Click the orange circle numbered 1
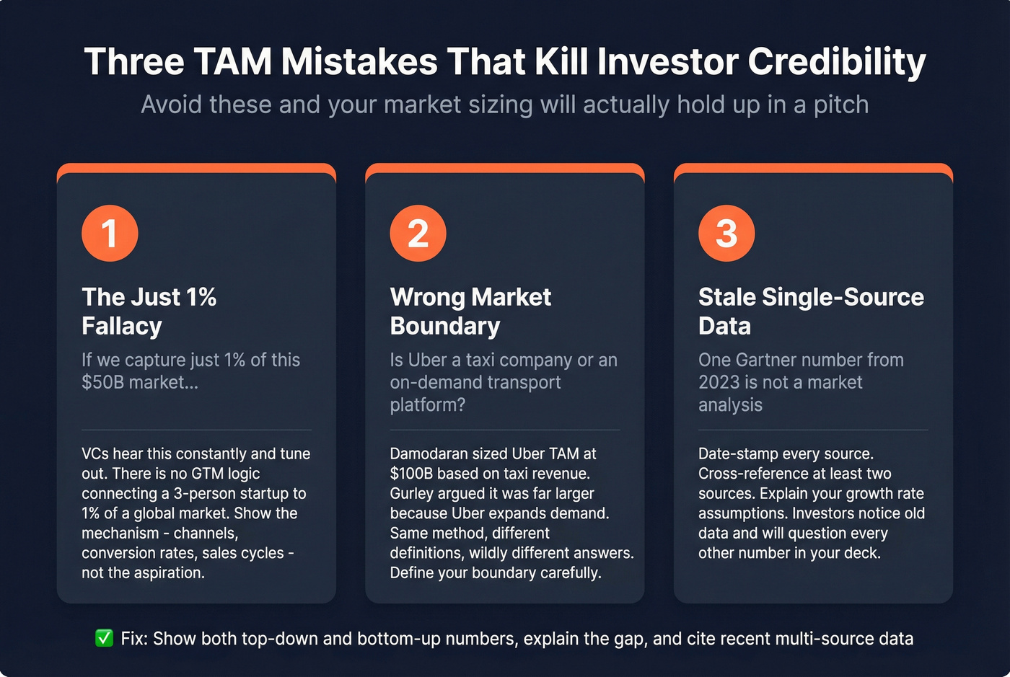click(x=110, y=234)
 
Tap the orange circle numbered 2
click(x=418, y=234)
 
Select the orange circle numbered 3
click(x=726, y=234)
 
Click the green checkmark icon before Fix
click(x=105, y=638)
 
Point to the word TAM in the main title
click(x=233, y=62)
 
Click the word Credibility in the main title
click(x=837, y=62)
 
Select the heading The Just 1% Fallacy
click(x=149, y=311)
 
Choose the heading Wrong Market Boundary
click(x=470, y=311)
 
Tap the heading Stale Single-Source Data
click(x=811, y=311)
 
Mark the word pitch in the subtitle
click(x=841, y=105)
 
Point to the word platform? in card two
click(x=428, y=404)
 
